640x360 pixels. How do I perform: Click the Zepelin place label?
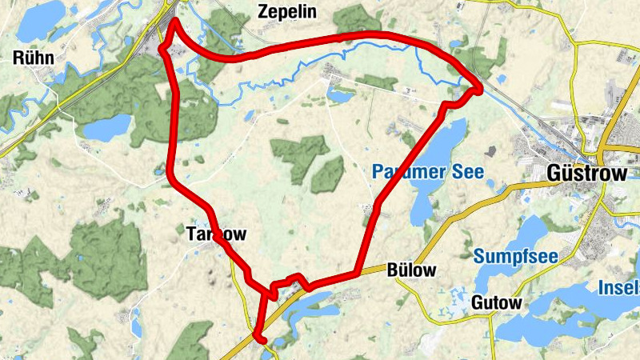click(288, 11)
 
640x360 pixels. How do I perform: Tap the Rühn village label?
click(34, 57)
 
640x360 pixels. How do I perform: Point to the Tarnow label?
click(211, 234)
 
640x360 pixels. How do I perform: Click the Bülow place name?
click(412, 270)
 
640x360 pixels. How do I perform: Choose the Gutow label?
click(496, 303)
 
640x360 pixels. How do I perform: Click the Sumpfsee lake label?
click(514, 256)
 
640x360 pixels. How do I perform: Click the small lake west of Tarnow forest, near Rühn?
click(106, 127)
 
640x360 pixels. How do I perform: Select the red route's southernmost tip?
click(259, 338)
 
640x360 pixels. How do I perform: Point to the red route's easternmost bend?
click(478, 87)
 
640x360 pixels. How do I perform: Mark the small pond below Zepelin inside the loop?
click(340, 96)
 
